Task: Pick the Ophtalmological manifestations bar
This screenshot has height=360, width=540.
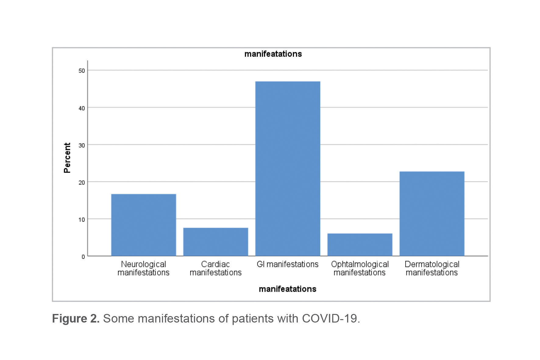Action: coord(360,244)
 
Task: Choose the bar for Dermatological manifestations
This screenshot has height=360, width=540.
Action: coord(432,214)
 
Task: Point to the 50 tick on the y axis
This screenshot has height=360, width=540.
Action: coord(82,71)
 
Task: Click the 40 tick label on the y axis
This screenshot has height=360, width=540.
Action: coord(82,108)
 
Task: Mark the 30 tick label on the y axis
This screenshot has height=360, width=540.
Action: coord(82,145)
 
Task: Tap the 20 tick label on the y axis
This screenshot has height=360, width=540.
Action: coord(82,183)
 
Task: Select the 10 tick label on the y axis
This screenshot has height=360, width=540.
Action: coord(82,220)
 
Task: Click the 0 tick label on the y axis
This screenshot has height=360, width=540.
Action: coord(83,257)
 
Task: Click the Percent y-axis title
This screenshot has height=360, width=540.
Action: coord(67,158)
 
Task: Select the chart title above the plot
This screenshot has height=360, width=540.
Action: coord(273,54)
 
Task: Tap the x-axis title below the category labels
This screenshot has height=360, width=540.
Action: coord(287,289)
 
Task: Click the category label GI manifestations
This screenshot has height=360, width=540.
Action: coord(287,264)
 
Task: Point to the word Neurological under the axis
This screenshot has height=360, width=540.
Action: coord(144,264)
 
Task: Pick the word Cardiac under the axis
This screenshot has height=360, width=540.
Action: coord(215,264)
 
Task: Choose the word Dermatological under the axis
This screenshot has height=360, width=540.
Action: coord(432,264)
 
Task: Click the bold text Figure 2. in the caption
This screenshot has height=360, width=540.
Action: coord(76,319)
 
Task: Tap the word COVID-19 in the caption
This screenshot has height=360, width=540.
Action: coord(329,319)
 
